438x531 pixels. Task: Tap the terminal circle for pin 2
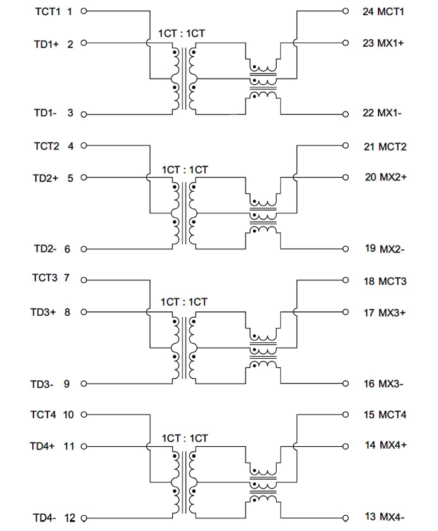pos(84,44)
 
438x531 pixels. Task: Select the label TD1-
pos(46,113)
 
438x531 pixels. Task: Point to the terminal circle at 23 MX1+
pos(346,44)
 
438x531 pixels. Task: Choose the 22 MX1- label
pos(383,113)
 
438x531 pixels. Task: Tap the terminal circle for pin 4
pos(84,146)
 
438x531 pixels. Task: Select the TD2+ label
pos(46,178)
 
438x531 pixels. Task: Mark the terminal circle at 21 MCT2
pos(346,146)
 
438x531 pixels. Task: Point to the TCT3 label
pos(44,278)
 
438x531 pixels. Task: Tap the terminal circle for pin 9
pos(84,384)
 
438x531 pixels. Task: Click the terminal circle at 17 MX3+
pos(346,312)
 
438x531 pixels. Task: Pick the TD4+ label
pos(43,446)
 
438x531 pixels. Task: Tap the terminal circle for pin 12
pos(84,518)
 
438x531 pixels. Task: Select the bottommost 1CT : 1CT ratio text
pos(184,438)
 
